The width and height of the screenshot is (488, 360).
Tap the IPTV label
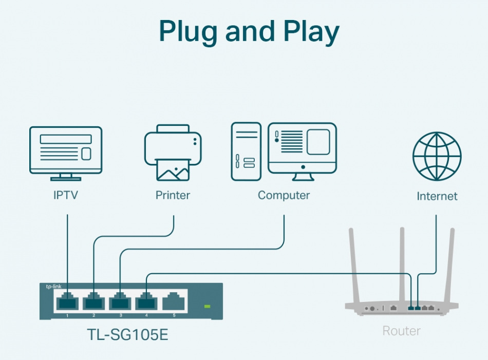point(66,196)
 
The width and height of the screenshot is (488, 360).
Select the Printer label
point(173,196)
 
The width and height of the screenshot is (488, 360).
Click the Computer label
point(284,196)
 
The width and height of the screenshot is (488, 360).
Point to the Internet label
point(437,196)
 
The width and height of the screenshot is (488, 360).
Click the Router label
point(402,331)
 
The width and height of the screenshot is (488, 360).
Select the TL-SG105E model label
point(127,335)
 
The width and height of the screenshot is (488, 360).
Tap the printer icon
point(173,153)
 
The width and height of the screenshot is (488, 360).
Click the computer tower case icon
point(246,151)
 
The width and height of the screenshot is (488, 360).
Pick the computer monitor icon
point(303,151)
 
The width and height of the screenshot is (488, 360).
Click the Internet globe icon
point(437,156)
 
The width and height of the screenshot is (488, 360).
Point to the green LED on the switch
point(208,307)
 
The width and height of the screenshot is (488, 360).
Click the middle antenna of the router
point(402,262)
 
